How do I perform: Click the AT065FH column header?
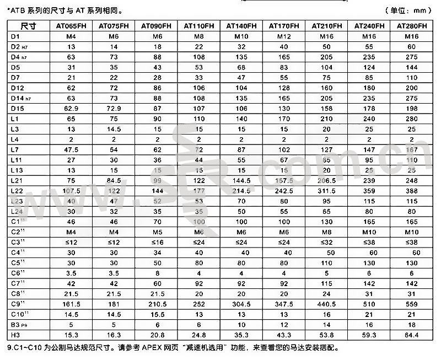click(x=71, y=26)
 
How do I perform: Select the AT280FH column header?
click(x=411, y=26)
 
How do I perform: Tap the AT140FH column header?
click(x=241, y=26)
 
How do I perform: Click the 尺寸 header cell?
click(x=28, y=26)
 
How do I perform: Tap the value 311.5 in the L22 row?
click(x=326, y=191)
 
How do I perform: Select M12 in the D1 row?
click(x=283, y=36)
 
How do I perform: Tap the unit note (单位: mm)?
click(x=408, y=10)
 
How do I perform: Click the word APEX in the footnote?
click(x=145, y=348)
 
